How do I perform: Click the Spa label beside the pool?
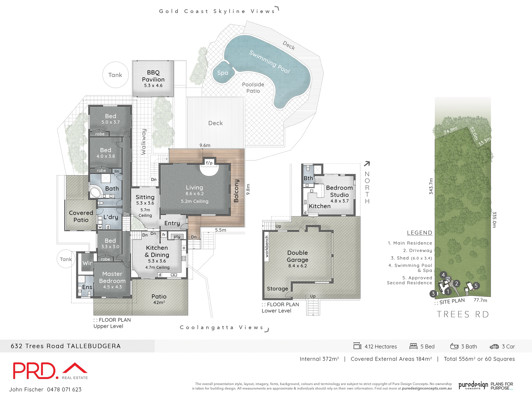(x=223, y=73)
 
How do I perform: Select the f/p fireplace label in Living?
(x=209, y=163)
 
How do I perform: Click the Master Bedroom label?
(x=112, y=277)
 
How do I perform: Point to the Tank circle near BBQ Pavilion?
(x=115, y=75)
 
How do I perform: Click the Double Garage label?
(x=297, y=256)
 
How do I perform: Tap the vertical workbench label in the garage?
(x=267, y=247)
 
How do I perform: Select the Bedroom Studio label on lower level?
(x=339, y=191)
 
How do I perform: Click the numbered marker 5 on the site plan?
(x=476, y=286)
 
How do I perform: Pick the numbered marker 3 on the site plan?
(x=433, y=294)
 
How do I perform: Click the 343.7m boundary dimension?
(x=431, y=186)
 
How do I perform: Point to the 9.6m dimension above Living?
(x=205, y=145)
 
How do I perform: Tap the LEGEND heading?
(x=419, y=233)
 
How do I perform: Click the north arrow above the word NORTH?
(x=367, y=164)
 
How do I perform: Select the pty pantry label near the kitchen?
(x=177, y=237)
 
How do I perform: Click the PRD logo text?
(x=34, y=371)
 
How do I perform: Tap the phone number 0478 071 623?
(x=64, y=390)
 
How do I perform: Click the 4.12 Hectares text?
(x=380, y=347)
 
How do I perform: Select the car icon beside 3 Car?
(x=494, y=347)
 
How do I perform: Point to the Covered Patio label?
(x=81, y=216)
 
